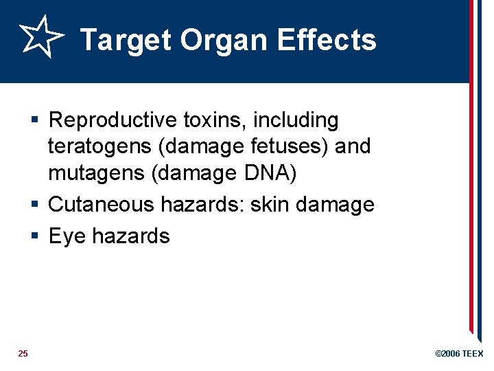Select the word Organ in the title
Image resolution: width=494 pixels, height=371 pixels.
tap(225, 41)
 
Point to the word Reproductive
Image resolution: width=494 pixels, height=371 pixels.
tap(113, 121)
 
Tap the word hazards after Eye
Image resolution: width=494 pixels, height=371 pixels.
tap(130, 236)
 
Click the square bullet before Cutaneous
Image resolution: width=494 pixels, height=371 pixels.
tap(36, 205)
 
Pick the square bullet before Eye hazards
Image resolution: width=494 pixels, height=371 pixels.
tap(36, 236)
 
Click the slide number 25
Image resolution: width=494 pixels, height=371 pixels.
tap(23, 354)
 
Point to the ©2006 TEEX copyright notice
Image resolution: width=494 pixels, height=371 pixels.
tap(459, 354)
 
